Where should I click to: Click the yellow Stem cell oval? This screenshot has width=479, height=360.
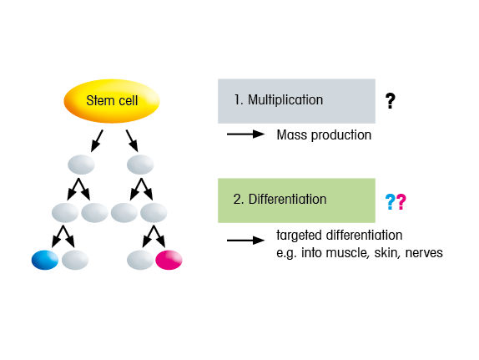coord(112,101)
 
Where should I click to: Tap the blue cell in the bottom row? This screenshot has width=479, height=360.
coord(45,260)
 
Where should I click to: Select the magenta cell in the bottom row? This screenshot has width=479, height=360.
coord(169,260)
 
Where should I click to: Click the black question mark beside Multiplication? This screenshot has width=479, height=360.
coord(390,101)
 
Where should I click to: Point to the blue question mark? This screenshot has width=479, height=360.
coord(390,202)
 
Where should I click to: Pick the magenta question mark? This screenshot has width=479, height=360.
coord(401,202)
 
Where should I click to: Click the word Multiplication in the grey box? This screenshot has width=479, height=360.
coord(285,100)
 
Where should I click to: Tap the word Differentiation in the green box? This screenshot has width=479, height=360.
coord(287,200)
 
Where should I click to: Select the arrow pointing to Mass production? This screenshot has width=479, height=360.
coord(245,134)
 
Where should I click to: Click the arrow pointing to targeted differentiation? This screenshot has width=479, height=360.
coord(245,241)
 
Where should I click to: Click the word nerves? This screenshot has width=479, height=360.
coord(424,253)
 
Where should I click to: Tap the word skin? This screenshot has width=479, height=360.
coord(387,253)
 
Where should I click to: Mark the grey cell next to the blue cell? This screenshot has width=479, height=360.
coord(75,260)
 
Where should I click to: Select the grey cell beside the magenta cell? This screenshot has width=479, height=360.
coord(140,260)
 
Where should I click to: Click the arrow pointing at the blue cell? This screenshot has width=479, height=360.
coord(58,236)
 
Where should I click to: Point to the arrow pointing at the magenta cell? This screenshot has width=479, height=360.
coord(159,236)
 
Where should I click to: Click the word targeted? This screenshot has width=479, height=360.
coord(299,236)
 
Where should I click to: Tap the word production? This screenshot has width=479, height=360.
coord(341,135)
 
